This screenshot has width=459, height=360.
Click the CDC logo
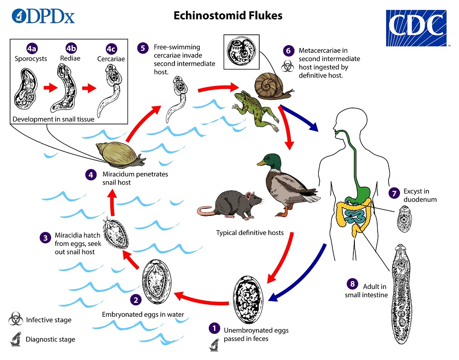coord(417,27)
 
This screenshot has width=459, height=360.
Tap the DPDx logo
coord(43,16)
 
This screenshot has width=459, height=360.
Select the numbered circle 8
coord(352,284)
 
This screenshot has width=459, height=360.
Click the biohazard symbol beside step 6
coord(287,67)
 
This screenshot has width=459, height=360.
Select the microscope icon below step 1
coord(214,345)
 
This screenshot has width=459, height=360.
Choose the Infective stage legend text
coord(49,320)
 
